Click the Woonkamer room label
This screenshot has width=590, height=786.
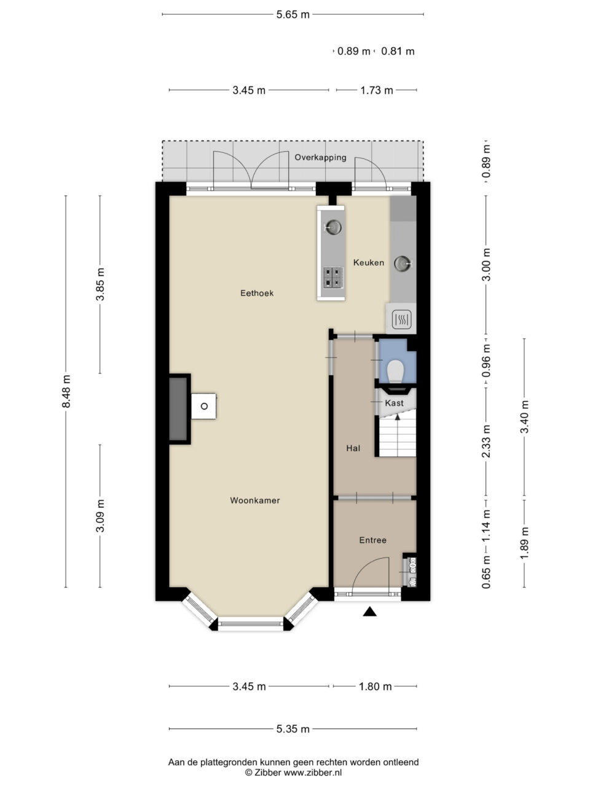pyautogui.click(x=254, y=500)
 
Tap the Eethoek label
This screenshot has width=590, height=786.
pyautogui.click(x=257, y=293)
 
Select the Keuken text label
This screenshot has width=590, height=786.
pyautogui.click(x=369, y=262)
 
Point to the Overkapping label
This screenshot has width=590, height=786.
pyautogui.click(x=320, y=158)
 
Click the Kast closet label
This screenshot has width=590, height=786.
pyautogui.click(x=394, y=403)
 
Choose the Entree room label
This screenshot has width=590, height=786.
pyautogui.click(x=372, y=540)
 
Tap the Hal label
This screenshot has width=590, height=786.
pyautogui.click(x=353, y=448)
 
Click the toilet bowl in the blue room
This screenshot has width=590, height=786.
pyautogui.click(x=396, y=371)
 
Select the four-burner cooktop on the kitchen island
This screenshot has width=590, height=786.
pyautogui.click(x=333, y=277)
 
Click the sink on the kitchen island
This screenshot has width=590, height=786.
pyautogui.click(x=333, y=227)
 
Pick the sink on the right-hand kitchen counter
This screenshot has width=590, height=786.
pyautogui.click(x=403, y=263)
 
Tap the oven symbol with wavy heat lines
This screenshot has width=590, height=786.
pyautogui.click(x=401, y=319)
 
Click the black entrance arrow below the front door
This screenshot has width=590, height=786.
pyautogui.click(x=370, y=612)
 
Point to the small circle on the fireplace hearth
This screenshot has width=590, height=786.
pyautogui.click(x=204, y=406)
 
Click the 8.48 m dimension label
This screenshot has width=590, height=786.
pyautogui.click(x=66, y=391)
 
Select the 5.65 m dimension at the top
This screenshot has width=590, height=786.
pyautogui.click(x=293, y=15)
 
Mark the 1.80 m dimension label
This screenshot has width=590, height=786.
pyautogui.click(x=375, y=687)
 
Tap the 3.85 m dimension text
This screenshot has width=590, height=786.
pyautogui.click(x=101, y=284)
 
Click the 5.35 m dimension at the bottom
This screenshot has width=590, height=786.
pyautogui.click(x=293, y=729)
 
